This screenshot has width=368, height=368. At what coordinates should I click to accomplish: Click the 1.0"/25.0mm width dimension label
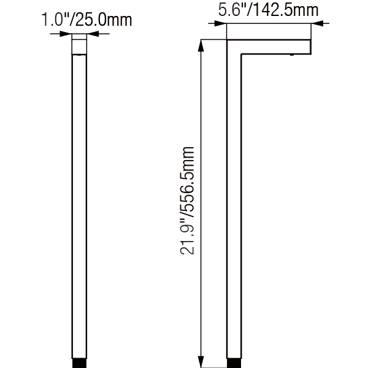pyautogui.click(x=86, y=21)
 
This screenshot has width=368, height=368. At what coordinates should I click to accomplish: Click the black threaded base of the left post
pyautogui.click(x=80, y=364)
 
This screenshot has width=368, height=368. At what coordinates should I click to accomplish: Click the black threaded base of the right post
pyautogui.click(x=235, y=364)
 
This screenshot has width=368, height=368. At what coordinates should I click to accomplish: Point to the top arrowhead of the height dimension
pyautogui.click(x=202, y=44)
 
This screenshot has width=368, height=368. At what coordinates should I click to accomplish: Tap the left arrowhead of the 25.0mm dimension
pyautogui.click(x=67, y=35)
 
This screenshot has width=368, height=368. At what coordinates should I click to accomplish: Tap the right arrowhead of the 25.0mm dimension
pyautogui.click(x=93, y=35)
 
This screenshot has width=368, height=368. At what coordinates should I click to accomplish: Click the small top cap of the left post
pyautogui.click(x=80, y=45)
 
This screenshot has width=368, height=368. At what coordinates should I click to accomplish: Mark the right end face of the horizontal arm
pyautogui.click(x=310, y=47)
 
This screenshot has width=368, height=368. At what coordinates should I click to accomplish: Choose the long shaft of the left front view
pyautogui.click(x=80, y=209)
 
